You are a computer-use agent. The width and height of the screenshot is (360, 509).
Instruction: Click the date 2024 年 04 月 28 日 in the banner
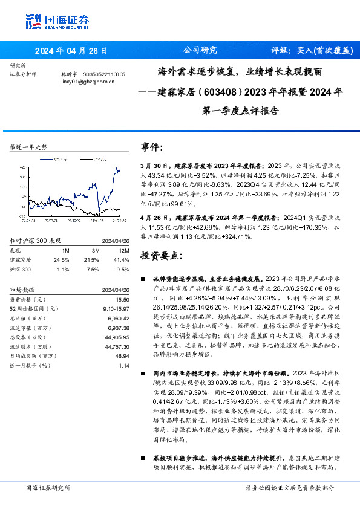pos(67,51)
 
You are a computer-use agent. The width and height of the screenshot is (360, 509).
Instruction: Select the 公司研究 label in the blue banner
pos(200,51)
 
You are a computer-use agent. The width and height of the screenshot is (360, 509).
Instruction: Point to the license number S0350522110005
pos(103,74)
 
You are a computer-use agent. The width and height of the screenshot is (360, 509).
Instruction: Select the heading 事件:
pos(151,148)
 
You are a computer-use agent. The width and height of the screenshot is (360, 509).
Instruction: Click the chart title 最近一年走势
pos(29,147)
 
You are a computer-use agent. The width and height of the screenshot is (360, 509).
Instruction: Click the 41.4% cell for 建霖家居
pos(123,259)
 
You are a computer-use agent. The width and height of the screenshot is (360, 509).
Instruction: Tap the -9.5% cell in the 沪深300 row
pos(123,268)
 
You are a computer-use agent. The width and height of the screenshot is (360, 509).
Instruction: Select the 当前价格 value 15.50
pos(123,299)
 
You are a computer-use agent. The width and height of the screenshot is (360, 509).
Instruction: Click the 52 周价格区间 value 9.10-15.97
pos(117,308)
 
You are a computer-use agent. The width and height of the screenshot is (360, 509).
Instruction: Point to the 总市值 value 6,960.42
pos(119,317)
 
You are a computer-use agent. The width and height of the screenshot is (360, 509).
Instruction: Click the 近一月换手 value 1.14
pos(125,365)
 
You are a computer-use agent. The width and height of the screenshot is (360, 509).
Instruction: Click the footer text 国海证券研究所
pos(47,487)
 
